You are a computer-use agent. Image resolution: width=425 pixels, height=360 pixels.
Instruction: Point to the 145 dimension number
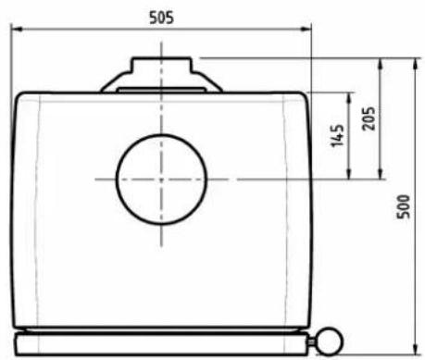pyautogui.click(x=336, y=136)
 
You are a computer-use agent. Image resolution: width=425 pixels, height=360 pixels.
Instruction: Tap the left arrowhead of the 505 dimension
pyautogui.click(x=17, y=31)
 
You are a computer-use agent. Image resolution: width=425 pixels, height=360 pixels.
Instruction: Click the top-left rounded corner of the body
pyautogui.click(x=20, y=97)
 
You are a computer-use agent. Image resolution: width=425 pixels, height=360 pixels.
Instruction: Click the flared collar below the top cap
pyautogui.click(x=163, y=83)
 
